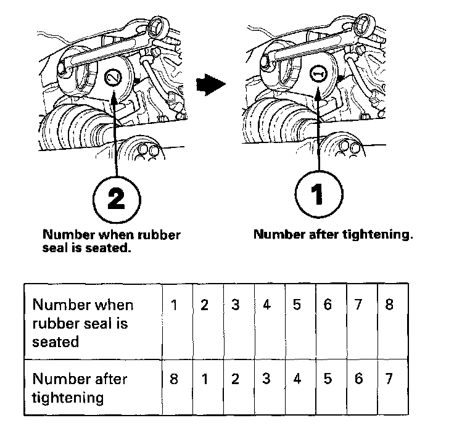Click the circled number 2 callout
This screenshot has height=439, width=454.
pyautogui.click(x=115, y=197)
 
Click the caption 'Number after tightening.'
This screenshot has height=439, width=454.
pyautogui.click(x=332, y=234)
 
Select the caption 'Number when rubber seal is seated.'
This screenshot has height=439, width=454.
pyautogui.click(x=111, y=241)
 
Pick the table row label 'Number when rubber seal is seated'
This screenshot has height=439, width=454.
pyautogui.click(x=83, y=322)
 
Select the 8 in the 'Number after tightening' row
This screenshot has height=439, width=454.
pyautogui.click(x=175, y=378)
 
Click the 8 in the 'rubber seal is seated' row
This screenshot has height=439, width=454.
pyautogui.click(x=389, y=305)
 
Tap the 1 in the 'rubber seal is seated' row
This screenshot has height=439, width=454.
pyautogui.click(x=175, y=305)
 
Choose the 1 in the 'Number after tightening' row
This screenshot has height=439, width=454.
pyautogui.click(x=205, y=378)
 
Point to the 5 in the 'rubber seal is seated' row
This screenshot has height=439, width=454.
pyautogui.click(x=297, y=305)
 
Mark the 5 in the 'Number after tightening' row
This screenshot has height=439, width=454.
pyautogui.click(x=328, y=378)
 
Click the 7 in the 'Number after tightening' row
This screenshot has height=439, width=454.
pyautogui.click(x=389, y=378)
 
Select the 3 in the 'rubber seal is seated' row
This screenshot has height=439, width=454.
pyautogui.click(x=236, y=305)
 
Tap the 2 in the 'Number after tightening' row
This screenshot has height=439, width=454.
pyautogui.click(x=236, y=378)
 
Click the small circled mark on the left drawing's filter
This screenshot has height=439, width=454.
pyautogui.click(x=112, y=77)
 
